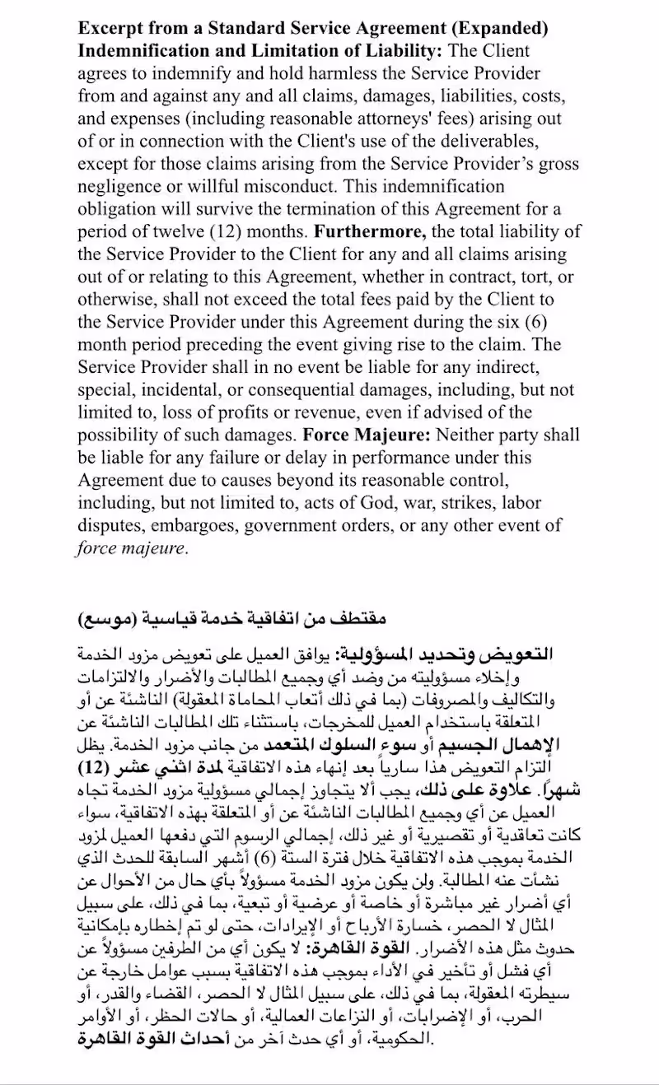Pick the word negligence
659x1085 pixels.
125,185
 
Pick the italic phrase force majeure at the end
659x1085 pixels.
131,546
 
